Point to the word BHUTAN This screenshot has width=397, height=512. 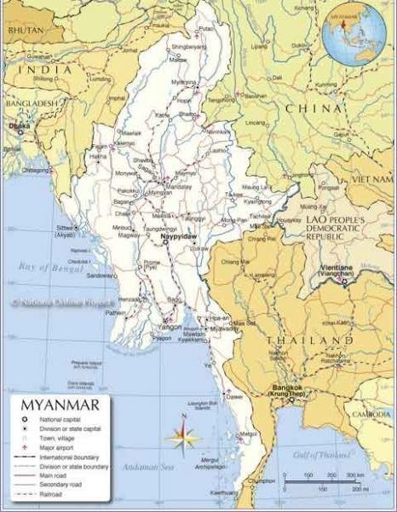[23, 29]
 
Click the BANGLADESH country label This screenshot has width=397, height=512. [31, 103]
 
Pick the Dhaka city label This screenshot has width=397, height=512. [20, 127]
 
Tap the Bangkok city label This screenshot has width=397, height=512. [285, 390]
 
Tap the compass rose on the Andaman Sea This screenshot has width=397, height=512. [182, 436]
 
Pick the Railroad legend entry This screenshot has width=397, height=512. [47, 495]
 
